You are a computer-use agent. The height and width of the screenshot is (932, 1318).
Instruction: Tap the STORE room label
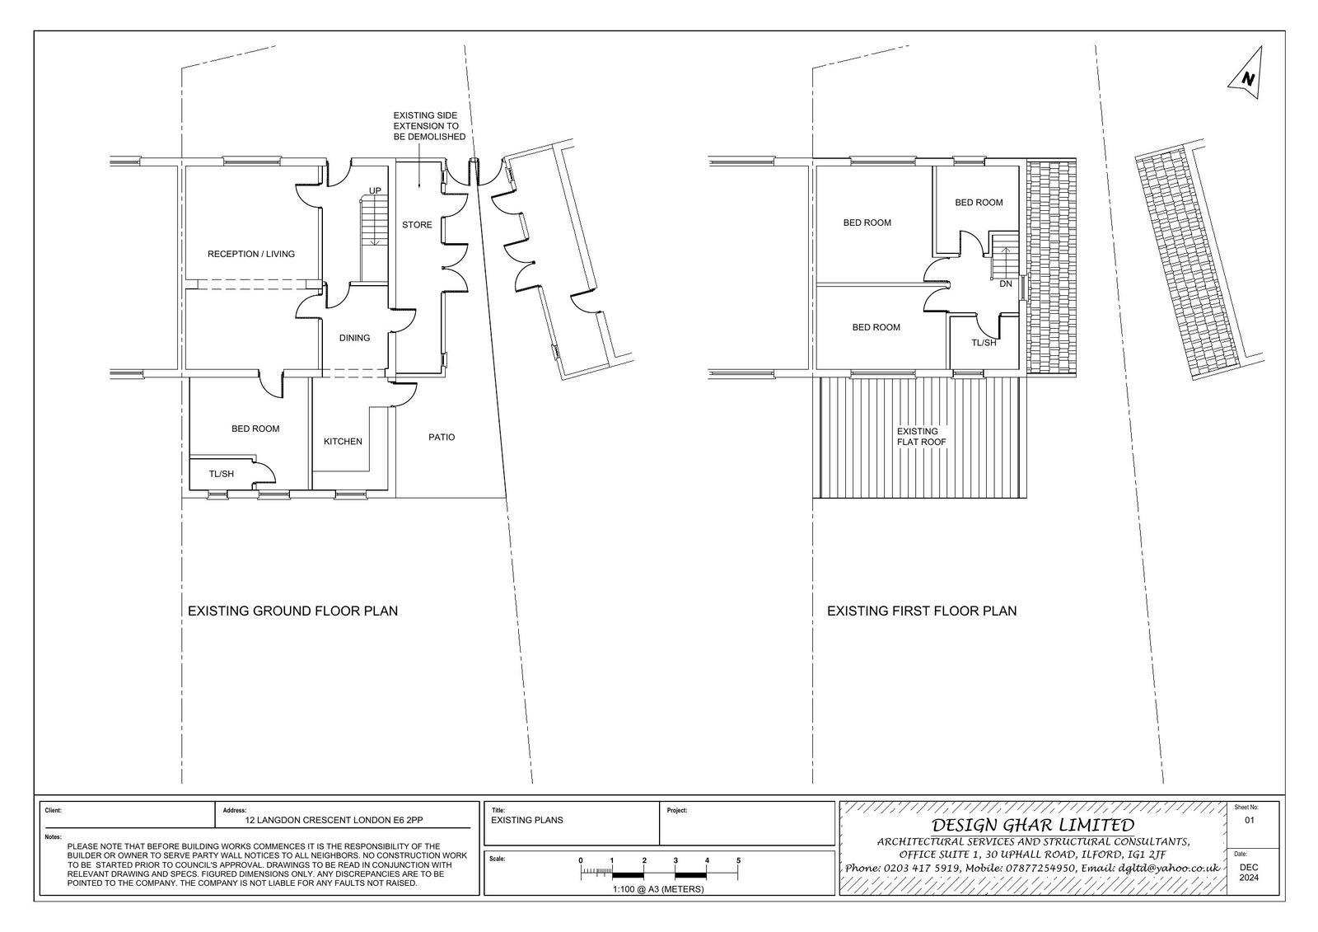point(417,225)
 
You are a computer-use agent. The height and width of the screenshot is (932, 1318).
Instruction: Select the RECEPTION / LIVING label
point(251,255)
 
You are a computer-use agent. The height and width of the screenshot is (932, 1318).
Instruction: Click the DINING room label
point(355,338)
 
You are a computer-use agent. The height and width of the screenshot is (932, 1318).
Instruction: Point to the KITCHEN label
point(343,442)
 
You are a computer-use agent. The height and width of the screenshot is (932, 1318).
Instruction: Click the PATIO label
point(442,438)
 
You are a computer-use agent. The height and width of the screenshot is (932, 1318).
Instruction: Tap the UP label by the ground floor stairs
point(375,190)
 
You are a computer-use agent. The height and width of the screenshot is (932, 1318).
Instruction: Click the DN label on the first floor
point(1006,283)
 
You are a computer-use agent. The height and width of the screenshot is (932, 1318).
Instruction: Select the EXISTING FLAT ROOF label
point(922,437)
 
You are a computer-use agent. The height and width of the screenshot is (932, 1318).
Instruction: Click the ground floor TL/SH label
point(222,474)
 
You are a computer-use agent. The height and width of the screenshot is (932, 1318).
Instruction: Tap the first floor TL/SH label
point(984,343)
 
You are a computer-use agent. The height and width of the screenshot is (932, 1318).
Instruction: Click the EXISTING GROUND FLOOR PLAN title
point(293,611)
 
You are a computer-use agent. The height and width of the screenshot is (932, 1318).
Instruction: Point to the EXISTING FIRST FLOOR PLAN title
point(922,611)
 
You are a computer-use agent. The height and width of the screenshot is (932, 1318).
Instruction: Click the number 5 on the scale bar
point(738,860)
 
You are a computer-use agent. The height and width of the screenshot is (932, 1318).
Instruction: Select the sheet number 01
point(1250,820)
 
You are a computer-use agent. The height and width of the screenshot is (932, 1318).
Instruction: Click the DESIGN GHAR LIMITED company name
point(1033,825)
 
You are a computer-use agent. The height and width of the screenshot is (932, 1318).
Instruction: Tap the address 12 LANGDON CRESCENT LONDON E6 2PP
point(334,820)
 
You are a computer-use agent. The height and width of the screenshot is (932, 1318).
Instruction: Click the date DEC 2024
point(1249,873)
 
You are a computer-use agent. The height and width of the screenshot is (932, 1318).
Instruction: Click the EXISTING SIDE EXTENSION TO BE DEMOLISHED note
point(429,126)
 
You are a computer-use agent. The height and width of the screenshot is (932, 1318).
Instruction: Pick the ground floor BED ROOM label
point(255,429)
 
